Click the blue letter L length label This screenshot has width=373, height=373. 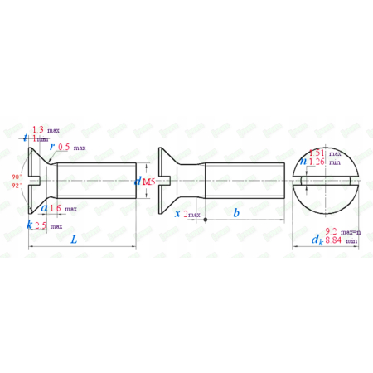click(x=74, y=240)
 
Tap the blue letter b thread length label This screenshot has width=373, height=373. click(x=236, y=213)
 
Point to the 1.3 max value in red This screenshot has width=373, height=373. click(x=39, y=130)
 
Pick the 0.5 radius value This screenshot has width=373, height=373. click(x=64, y=147)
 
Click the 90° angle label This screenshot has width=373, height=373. click(x=16, y=177)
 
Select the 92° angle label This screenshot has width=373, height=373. click(x=16, y=186)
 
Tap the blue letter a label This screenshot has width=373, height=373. click(x=43, y=208)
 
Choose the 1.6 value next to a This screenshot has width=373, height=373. click(x=55, y=209)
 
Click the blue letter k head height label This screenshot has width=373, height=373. click(x=30, y=225)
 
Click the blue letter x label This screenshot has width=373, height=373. click(x=178, y=213)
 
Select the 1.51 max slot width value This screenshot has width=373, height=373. click(x=315, y=153)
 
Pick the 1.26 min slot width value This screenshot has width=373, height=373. click(x=315, y=162)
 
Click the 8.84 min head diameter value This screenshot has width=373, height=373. click(x=332, y=240)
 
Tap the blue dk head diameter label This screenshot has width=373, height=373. click(x=316, y=239)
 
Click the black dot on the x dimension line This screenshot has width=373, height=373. click(x=206, y=220)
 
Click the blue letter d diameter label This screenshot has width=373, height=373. click(x=138, y=182)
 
